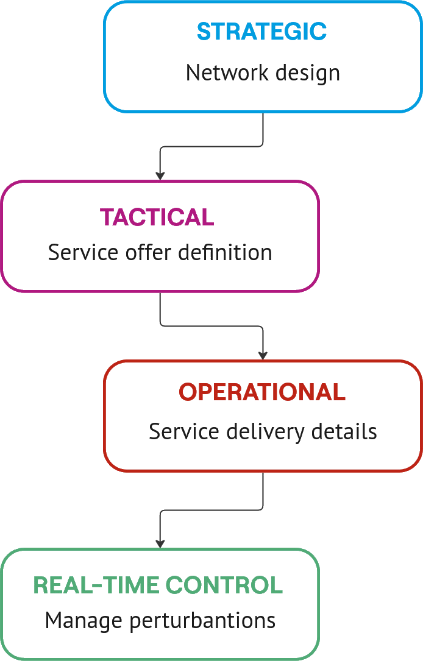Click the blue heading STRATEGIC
click(x=261, y=32)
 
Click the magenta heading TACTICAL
click(x=157, y=217)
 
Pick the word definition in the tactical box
click(x=225, y=252)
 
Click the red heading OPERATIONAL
click(x=262, y=392)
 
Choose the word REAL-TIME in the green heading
click(x=97, y=585)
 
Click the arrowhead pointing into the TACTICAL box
click(x=160, y=175)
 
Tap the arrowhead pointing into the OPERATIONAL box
click(x=263, y=355)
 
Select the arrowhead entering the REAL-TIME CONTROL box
click(x=160, y=542)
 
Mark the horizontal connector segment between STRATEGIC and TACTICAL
click(x=211, y=146)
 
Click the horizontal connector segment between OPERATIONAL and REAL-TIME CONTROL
click(x=211, y=511)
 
